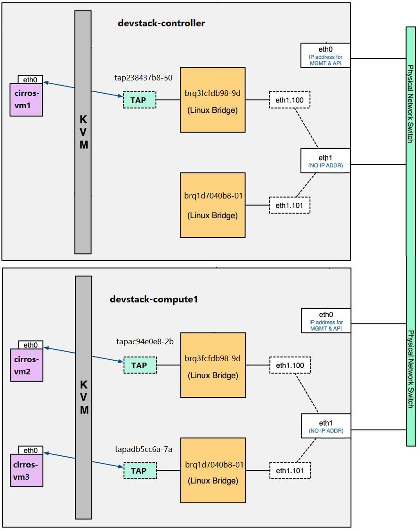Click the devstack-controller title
161,23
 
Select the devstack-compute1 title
153,300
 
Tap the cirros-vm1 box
26,100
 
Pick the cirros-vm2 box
26,365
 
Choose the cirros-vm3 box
26,470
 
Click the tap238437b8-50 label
144,78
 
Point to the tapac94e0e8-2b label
145,342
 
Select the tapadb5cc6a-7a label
144,449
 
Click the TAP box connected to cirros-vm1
139,100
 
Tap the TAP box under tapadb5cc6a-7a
140,470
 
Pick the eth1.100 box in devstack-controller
290,100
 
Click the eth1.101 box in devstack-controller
290,205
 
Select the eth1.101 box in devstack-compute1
290,470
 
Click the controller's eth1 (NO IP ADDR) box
325,160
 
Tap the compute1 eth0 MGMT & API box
326,320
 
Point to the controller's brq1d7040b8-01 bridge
212,205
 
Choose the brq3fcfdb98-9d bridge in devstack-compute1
213,365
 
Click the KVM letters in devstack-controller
83,132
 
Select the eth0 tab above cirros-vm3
31,450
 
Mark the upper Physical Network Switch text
411,103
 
